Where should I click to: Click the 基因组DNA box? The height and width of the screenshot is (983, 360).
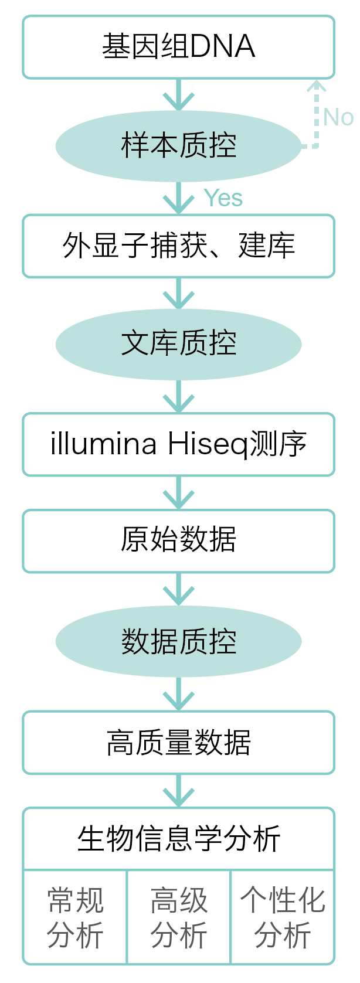tap(178, 47)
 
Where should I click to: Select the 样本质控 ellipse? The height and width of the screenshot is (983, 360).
tap(178, 145)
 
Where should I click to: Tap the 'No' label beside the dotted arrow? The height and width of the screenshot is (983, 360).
tap(338, 117)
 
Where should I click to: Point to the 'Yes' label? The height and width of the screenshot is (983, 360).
tap(223, 198)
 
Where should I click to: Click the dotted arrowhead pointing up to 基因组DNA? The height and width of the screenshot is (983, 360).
tap(317, 88)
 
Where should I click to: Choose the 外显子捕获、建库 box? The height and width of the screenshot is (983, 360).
tap(178, 246)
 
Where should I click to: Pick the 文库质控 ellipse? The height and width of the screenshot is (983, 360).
tap(178, 344)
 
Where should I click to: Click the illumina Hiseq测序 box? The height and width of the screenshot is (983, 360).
tap(178, 444)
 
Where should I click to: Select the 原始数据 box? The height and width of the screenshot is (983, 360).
tap(178, 540)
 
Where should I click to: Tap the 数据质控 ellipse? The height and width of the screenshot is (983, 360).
tap(178, 641)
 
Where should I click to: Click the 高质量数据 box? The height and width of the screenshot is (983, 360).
tap(178, 743)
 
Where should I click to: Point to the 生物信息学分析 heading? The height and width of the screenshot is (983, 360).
tap(178, 839)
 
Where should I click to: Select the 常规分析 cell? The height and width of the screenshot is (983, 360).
tap(75, 917)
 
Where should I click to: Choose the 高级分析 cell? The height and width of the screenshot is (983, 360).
tap(179, 917)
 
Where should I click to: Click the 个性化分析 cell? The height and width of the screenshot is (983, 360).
tap(283, 917)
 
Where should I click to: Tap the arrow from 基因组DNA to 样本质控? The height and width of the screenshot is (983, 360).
tap(178, 96)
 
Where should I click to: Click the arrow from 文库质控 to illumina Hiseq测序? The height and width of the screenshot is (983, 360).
tap(178, 397)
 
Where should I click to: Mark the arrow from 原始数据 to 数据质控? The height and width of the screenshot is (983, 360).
tap(178, 590)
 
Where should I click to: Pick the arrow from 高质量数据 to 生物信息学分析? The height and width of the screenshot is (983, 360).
tap(178, 791)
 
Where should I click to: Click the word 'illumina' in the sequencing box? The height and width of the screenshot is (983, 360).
tap(103, 444)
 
